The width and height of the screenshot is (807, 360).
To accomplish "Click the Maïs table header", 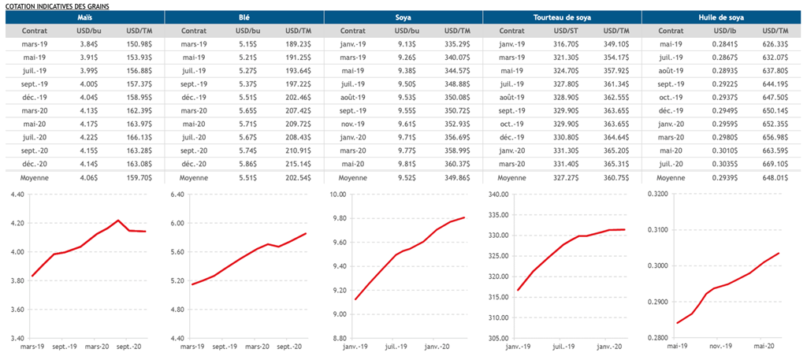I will pyautogui.click(x=84, y=17).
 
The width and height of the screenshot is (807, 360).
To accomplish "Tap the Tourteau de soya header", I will pyautogui.click(x=561, y=17).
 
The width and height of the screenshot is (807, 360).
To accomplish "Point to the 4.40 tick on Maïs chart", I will pyautogui.click(x=17, y=194).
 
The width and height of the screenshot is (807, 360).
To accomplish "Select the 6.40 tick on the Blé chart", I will pyautogui.click(x=177, y=194).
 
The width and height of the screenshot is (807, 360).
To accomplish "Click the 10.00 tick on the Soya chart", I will pyautogui.click(x=337, y=194).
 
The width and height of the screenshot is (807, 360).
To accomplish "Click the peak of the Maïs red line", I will pyautogui.click(x=118, y=221).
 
